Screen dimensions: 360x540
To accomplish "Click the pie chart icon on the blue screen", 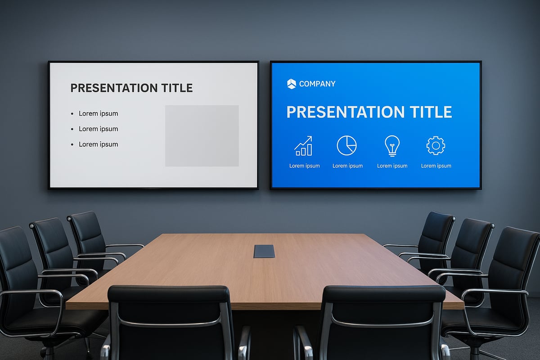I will coord(346,145).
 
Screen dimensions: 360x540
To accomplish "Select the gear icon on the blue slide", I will coord(436,145).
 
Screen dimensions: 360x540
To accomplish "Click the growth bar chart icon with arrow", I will coord(304,146).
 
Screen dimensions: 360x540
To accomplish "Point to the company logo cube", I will coord(291,84).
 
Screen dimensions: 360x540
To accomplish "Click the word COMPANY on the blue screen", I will coord(317,84).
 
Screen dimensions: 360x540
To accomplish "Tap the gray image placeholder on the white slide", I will coord(202,135).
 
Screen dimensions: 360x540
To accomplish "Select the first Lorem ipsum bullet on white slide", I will coord(98,113).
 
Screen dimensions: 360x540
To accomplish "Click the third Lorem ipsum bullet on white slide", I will coord(98,144).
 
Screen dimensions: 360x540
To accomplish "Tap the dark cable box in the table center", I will coord(264,251).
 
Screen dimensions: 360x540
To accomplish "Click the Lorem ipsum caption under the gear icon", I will coord(436,166).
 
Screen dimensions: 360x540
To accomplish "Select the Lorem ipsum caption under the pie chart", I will coord(347,166).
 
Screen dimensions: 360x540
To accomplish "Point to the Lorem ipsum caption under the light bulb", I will coord(392,166).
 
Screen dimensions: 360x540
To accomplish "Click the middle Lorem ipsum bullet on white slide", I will coord(98,129).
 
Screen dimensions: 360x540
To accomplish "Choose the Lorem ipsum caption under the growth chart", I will coord(304,166).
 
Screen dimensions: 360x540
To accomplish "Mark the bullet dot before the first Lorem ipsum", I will coord(72,114).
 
